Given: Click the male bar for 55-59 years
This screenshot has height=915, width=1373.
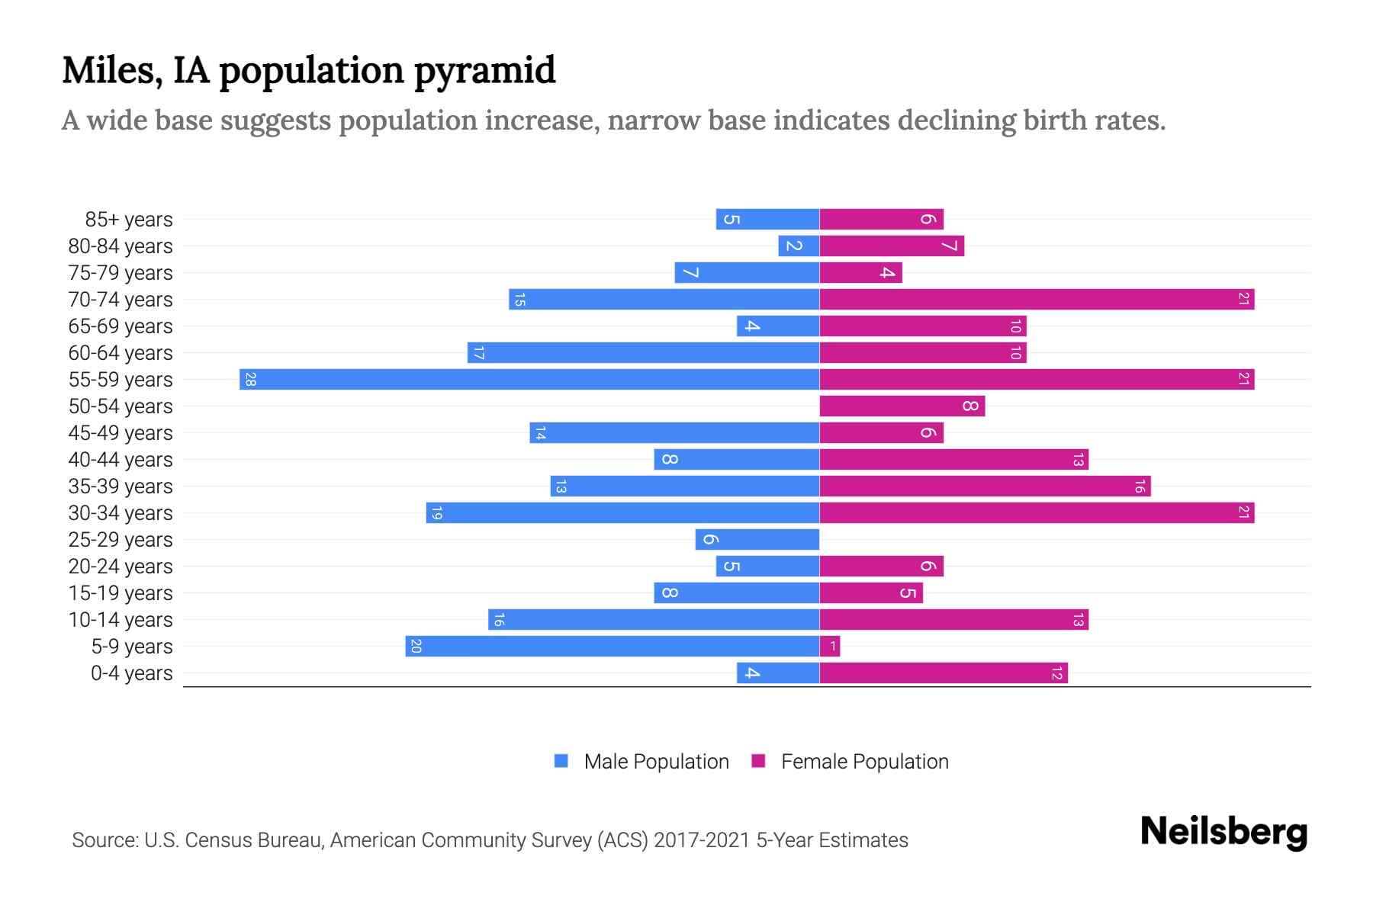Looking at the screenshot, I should point(529,379).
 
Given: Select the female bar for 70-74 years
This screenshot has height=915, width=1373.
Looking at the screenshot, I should point(1037,299).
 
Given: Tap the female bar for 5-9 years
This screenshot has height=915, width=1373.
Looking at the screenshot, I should point(830,647).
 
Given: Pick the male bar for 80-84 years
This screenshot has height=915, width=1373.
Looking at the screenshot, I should point(799,246).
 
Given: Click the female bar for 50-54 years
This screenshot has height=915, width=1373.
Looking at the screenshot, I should point(902,406).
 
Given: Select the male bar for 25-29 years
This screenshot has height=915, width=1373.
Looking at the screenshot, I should point(757,539).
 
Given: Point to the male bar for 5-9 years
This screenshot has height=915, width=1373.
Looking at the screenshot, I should point(613,647).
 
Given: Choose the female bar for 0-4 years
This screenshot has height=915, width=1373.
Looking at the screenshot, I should point(944,673).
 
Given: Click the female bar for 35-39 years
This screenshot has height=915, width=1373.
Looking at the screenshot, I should point(985,486).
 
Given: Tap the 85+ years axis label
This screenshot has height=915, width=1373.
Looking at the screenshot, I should point(129,220).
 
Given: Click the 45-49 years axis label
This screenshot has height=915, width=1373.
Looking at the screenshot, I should point(121,433).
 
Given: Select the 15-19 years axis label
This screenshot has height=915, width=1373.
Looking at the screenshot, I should point(121,593).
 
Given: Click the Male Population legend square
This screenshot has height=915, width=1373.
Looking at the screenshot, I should point(561,761).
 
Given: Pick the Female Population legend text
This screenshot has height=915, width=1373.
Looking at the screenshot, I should point(864,762).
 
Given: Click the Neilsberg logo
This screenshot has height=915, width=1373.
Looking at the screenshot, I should point(1223,831).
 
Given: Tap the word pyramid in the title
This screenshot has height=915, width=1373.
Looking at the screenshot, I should point(485,70).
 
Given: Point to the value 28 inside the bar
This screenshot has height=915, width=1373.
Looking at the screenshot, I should point(250,379).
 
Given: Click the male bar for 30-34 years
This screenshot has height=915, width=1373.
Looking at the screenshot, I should point(622,512).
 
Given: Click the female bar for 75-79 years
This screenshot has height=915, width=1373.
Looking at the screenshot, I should point(860,272).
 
